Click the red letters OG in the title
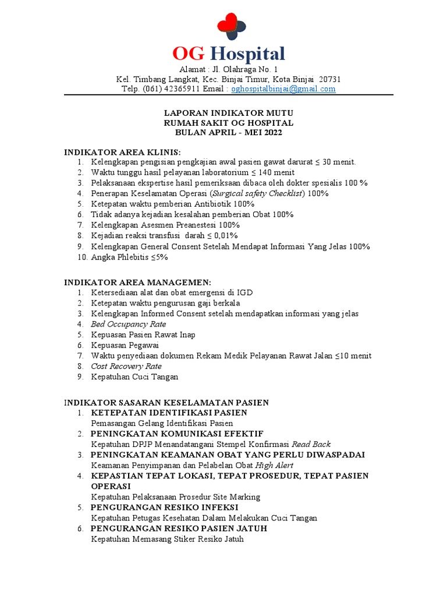tap(189, 54)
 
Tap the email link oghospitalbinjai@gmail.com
tap(283, 89)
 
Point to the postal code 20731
tap(329, 79)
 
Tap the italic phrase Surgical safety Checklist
tap(257, 193)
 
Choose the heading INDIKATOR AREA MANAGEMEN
tap(133, 282)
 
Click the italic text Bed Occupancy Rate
tap(128, 324)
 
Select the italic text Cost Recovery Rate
tap(126, 366)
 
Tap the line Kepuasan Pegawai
tap(125, 345)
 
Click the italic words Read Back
tap(311, 444)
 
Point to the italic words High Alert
tap(274, 465)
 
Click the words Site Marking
tap(240, 497)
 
